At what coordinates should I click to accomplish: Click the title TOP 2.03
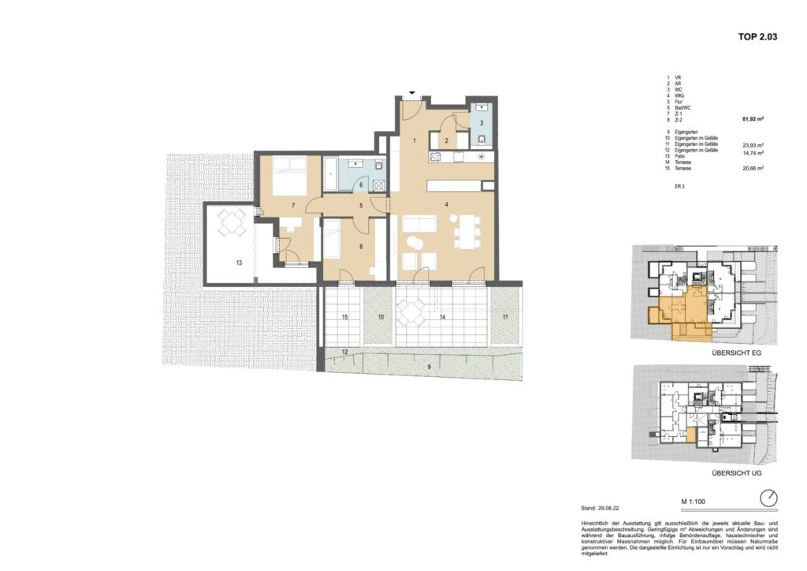[x=757, y=35]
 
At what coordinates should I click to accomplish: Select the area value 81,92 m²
[x=754, y=120]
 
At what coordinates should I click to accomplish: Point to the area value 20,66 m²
[x=754, y=168]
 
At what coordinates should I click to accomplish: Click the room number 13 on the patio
[x=238, y=262]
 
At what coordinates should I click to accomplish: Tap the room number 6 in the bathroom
[x=361, y=185]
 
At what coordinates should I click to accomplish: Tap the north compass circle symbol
[x=769, y=498]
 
